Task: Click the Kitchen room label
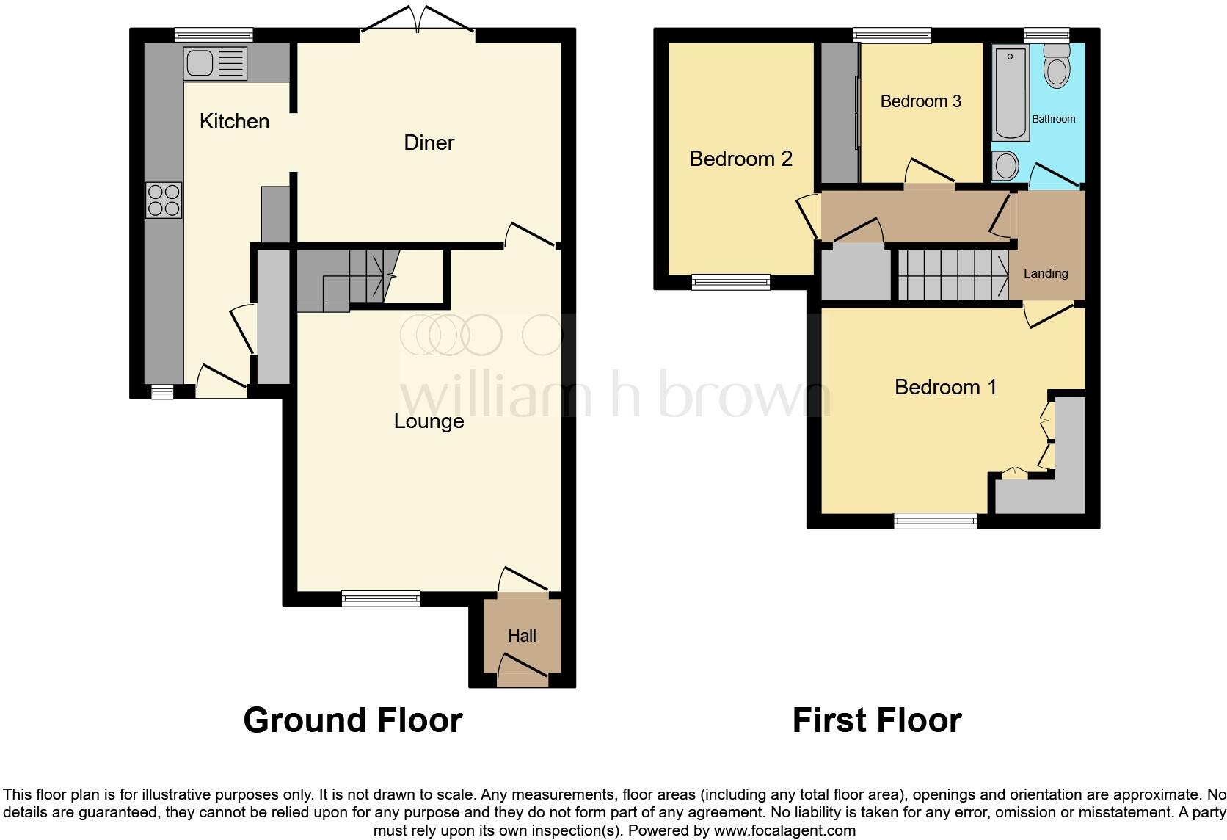pos(234,121)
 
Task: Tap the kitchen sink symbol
pos(215,63)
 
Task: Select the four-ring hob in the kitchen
pos(164,200)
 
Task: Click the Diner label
pos(429,142)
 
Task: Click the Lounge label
pos(429,421)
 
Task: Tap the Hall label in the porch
pos(522,636)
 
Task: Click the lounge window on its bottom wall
pos(381,599)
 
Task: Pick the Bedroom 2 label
pos(740,159)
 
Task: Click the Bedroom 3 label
pos(920,101)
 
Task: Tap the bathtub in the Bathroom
pos(1011,92)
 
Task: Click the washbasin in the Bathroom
pos(1005,166)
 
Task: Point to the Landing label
pos(1046,273)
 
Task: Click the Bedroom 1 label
pos(945,387)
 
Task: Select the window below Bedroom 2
pos(731,282)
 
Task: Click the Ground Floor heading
pos(352,720)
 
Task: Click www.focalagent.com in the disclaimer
pos(784,831)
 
